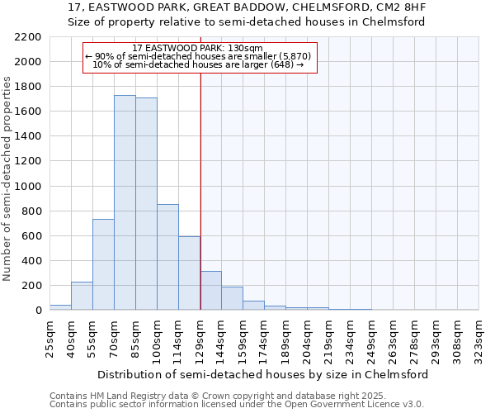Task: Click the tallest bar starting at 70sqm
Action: [x=125, y=202]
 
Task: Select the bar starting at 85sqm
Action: [x=146, y=204]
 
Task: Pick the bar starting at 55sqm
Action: [x=103, y=264]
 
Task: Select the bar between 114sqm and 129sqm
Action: [x=189, y=273]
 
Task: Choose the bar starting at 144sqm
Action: [x=232, y=298]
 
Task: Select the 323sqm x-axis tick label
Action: [x=478, y=339]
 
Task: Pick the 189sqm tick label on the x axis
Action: [x=285, y=339]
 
